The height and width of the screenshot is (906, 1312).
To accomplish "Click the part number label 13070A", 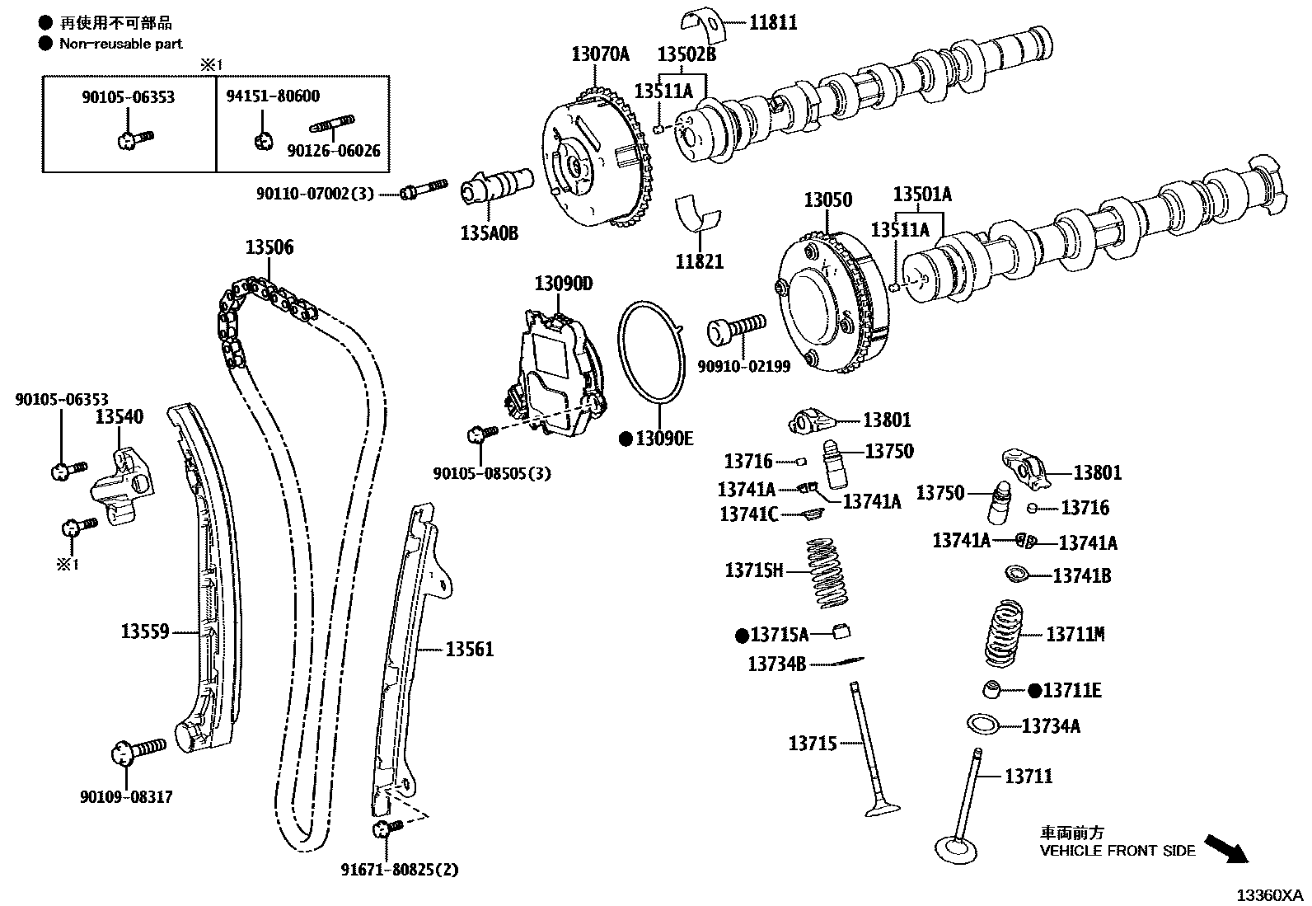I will coord(600,54).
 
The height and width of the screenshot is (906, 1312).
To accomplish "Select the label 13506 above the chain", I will coord(269,246).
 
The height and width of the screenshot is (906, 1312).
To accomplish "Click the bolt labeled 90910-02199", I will coord(737,331).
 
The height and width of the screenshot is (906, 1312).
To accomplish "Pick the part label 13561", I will coord(470,650).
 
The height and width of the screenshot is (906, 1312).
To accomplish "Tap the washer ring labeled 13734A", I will coord(982,725).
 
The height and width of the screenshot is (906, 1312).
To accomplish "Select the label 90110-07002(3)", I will coord(315,194).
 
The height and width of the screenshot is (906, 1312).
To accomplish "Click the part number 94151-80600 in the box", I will coord(273,96).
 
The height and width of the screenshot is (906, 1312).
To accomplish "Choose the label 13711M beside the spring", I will coord(1075,634).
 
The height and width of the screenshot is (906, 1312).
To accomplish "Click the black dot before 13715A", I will coord(742,635).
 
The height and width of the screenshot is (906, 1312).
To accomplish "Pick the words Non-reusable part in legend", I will coord(121,44).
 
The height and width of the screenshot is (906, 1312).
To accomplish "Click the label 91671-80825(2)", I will coord(399,869).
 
